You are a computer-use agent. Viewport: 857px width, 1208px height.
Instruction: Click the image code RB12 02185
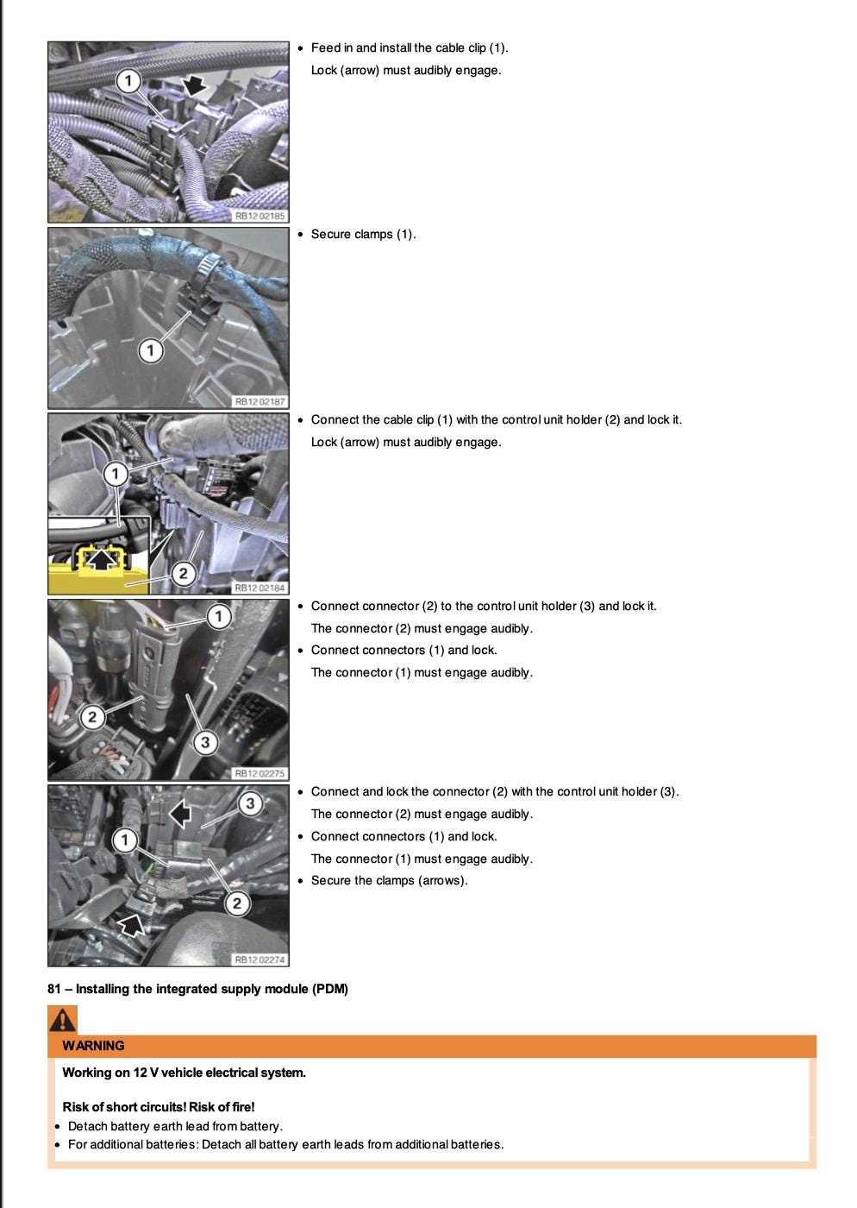pyautogui.click(x=260, y=216)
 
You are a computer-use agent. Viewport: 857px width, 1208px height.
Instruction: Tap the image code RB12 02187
pyautogui.click(x=260, y=402)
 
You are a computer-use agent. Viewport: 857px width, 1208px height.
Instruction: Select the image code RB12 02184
pyautogui.click(x=260, y=588)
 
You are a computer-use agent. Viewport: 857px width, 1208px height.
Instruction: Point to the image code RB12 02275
pyautogui.click(x=260, y=774)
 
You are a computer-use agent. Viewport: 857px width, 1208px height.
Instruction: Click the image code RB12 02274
pyautogui.click(x=260, y=959)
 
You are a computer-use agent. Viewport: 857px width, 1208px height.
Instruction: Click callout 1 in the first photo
pyautogui.click(x=128, y=82)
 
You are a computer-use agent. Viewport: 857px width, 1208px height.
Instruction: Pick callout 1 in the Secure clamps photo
pyautogui.click(x=151, y=350)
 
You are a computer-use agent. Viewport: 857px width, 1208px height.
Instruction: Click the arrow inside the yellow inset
pyautogui.click(x=103, y=560)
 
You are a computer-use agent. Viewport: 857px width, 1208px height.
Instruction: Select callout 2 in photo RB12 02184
pyautogui.click(x=183, y=573)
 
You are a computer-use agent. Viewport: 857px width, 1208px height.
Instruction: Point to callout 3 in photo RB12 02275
pyautogui.click(x=204, y=742)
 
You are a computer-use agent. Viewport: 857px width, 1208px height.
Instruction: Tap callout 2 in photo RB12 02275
pyautogui.click(x=92, y=716)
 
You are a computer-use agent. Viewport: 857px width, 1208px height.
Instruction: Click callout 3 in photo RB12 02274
pyautogui.click(x=250, y=804)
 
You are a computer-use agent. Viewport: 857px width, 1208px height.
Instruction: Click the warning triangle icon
pyautogui.click(x=62, y=1021)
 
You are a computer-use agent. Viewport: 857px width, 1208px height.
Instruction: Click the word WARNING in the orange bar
pyautogui.click(x=93, y=1046)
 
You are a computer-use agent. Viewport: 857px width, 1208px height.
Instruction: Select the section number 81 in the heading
pyautogui.click(x=54, y=989)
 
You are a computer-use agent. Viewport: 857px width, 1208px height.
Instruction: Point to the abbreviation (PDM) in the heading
pyautogui.click(x=330, y=989)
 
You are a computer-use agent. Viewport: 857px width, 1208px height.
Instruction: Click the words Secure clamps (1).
pyautogui.click(x=363, y=234)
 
